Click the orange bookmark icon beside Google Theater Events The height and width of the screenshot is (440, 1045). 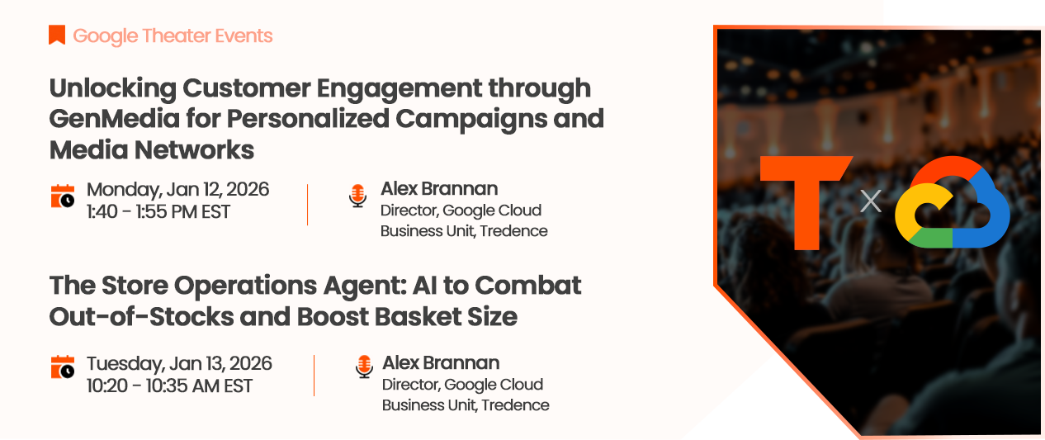pyautogui.click(x=57, y=35)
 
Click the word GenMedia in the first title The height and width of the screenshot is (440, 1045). pyautogui.click(x=114, y=119)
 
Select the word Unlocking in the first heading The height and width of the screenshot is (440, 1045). pyautogui.click(x=113, y=88)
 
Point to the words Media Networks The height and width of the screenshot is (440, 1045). pyautogui.click(x=152, y=149)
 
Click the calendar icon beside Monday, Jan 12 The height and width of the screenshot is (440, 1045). pyautogui.click(x=63, y=196)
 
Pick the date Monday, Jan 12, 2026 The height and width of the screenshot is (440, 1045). pyautogui.click(x=177, y=189)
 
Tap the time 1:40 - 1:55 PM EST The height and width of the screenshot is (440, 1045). pyautogui.click(x=158, y=212)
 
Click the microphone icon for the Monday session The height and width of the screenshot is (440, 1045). pyautogui.click(x=357, y=196)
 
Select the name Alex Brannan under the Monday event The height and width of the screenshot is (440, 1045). pyautogui.click(x=439, y=189)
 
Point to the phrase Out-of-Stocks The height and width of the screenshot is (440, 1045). pyautogui.click(x=141, y=317)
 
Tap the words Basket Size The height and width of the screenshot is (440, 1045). pyautogui.click(x=446, y=317)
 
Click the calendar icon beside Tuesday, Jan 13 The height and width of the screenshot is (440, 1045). pyautogui.click(x=63, y=367)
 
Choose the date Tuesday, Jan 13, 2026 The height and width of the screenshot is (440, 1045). pyautogui.click(x=179, y=363)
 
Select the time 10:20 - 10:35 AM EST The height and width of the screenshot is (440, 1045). pyautogui.click(x=169, y=386)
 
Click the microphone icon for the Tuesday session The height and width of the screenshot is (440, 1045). pyautogui.click(x=364, y=367)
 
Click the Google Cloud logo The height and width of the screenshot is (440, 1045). pyautogui.click(x=953, y=201)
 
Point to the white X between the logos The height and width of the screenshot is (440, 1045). pyautogui.click(x=871, y=201)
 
